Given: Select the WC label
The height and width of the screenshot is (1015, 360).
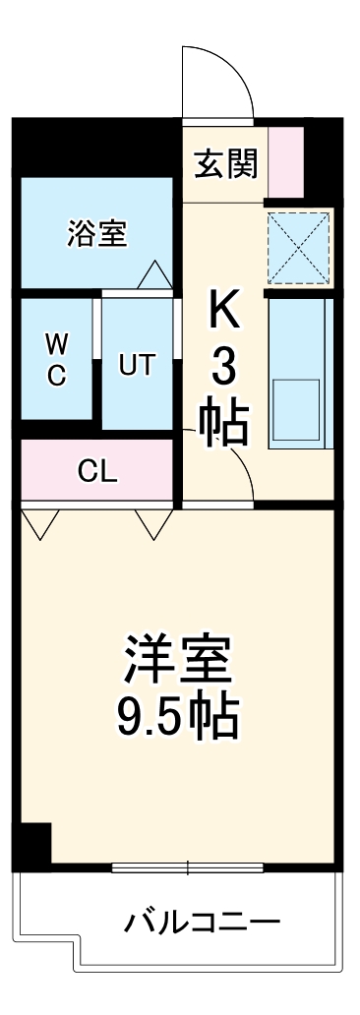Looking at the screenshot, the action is click(x=57, y=359).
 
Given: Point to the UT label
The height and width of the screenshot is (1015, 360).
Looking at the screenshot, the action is click(x=137, y=364).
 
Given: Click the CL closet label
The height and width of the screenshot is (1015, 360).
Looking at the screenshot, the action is click(x=97, y=471).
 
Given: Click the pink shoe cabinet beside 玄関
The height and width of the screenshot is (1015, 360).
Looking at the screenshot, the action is click(x=286, y=160).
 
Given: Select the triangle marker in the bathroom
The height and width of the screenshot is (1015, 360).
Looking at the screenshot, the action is click(x=154, y=275).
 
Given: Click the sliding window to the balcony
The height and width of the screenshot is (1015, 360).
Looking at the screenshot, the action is click(x=188, y=867).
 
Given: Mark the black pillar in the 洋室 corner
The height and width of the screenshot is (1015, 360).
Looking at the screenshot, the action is click(x=35, y=844).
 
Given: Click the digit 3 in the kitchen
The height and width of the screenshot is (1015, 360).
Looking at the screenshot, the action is click(x=224, y=370).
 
